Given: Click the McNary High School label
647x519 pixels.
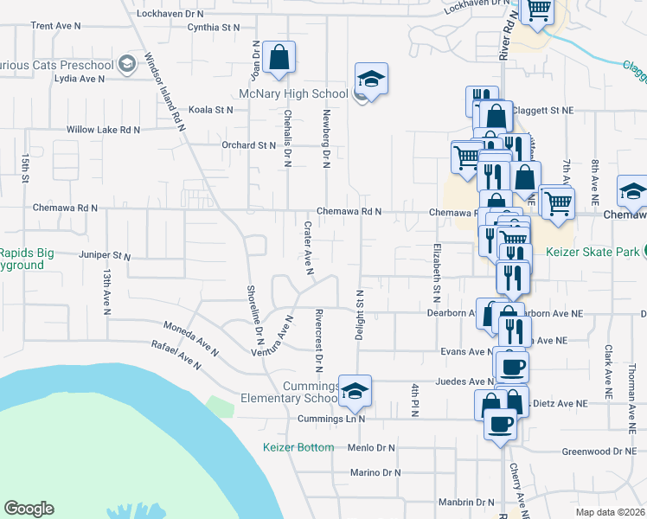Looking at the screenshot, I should [294, 93].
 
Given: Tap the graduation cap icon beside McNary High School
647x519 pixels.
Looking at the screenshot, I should [371, 80].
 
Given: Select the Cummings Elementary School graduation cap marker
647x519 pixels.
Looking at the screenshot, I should [355, 392].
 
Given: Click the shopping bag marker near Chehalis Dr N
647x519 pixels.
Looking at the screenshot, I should [279, 58].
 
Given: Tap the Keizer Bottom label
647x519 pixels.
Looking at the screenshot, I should [298, 447].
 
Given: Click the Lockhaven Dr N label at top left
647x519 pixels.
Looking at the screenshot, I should [171, 14].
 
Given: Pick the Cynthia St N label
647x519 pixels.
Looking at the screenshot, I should [214, 28].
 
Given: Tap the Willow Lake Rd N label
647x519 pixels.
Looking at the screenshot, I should [104, 130].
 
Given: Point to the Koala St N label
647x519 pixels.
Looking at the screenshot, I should [211, 110].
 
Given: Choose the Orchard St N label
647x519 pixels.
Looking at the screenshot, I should [248, 145].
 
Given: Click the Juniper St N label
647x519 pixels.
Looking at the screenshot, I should [104, 257].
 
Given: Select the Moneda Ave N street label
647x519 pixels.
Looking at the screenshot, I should [193, 336].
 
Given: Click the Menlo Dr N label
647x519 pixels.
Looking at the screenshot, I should [370, 448].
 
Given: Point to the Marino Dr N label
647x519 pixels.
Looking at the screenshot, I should [376, 472].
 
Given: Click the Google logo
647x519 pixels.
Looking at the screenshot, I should [29, 509].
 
